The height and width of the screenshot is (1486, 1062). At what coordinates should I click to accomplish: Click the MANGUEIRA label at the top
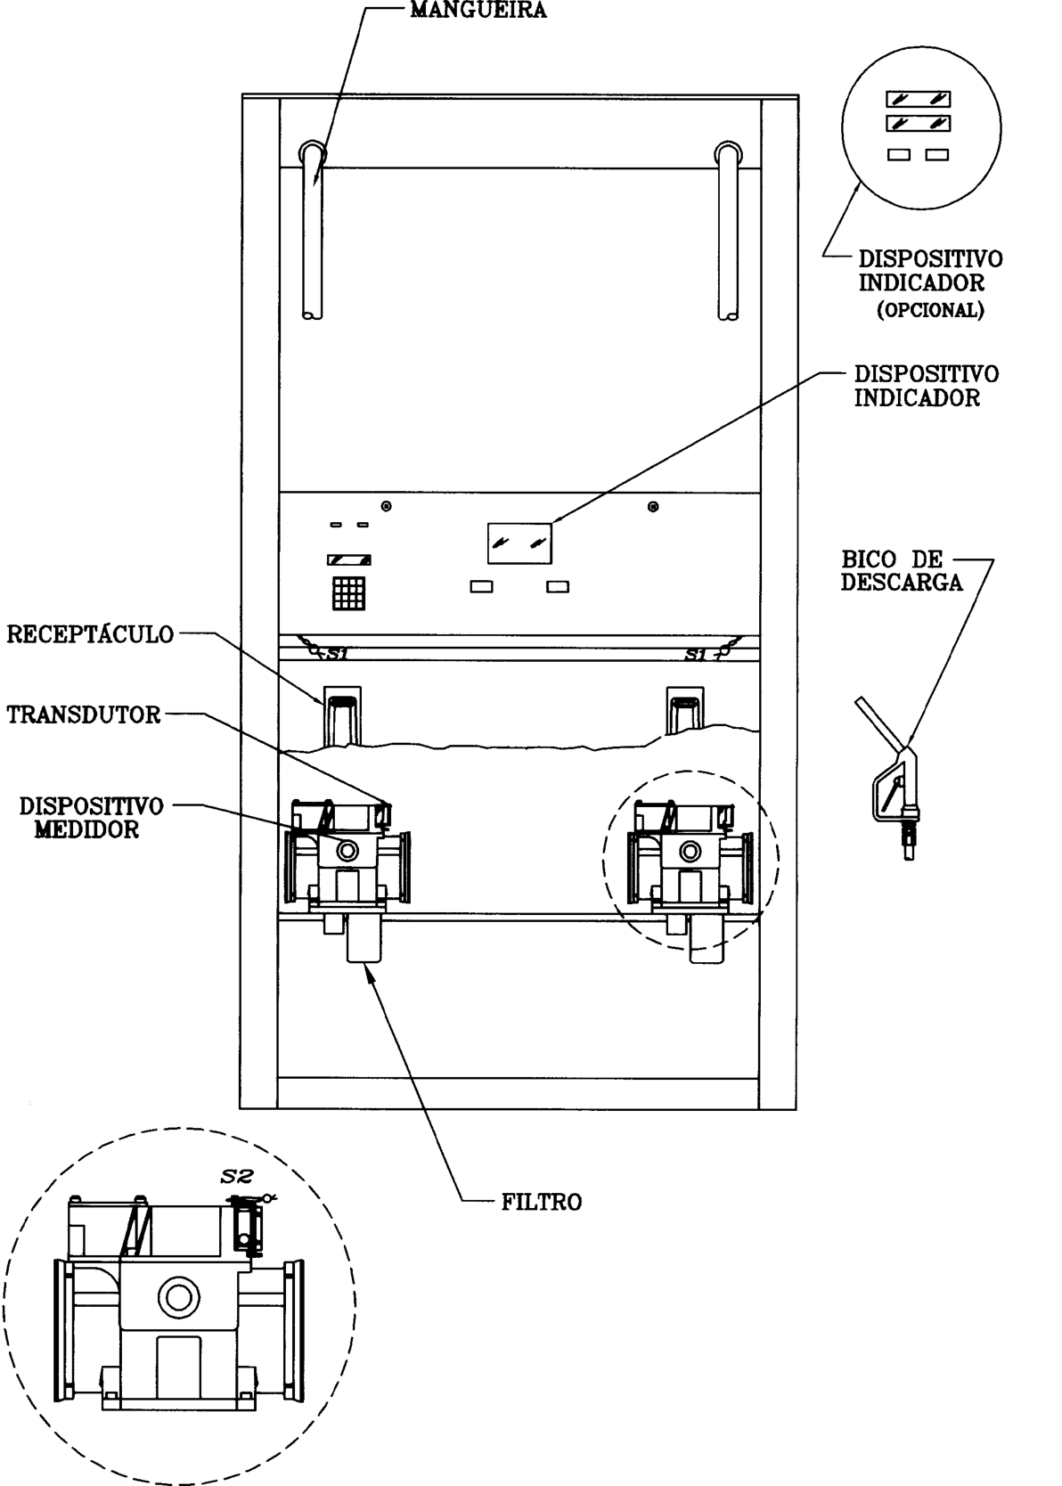tap(478, 10)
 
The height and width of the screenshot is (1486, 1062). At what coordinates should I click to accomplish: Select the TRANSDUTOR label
tap(85, 714)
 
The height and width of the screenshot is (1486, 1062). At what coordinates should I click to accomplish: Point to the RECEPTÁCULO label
tap(90, 634)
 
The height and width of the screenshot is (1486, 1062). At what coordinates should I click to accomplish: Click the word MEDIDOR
tap(87, 829)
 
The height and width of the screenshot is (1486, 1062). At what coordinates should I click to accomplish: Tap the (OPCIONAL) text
tap(931, 310)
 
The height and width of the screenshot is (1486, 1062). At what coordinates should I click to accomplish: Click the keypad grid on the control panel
tap(349, 593)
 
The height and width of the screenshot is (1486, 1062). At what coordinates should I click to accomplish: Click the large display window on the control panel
tap(519, 543)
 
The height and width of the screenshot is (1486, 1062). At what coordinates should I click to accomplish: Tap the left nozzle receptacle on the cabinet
tap(342, 716)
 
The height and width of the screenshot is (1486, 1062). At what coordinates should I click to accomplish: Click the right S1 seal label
tap(697, 656)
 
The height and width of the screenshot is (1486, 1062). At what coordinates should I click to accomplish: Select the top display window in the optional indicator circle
tap(918, 99)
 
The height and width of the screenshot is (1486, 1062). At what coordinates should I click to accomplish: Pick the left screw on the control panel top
tap(386, 506)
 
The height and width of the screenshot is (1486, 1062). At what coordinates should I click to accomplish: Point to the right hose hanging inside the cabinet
tap(728, 233)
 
